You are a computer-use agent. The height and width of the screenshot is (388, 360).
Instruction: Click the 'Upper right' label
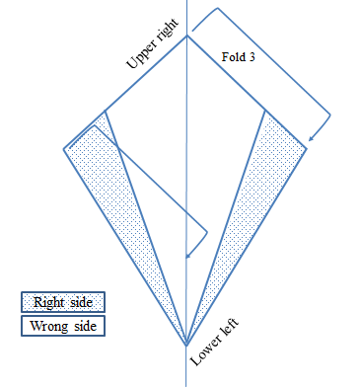point(153,43)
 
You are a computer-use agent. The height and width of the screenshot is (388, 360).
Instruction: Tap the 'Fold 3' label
point(239,57)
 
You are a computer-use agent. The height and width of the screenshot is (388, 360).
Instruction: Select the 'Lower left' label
point(214,343)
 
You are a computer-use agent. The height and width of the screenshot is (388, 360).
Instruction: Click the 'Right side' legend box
point(63,302)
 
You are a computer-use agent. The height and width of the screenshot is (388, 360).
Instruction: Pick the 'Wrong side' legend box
point(63,326)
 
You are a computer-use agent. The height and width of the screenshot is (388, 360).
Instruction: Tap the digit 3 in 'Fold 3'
point(252,57)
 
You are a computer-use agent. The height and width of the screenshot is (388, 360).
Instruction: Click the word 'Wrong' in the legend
point(49,326)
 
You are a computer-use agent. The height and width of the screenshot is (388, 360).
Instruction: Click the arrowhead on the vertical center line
point(187,256)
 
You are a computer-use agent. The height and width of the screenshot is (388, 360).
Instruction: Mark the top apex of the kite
point(187,36)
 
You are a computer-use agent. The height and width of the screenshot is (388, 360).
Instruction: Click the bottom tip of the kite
point(186,345)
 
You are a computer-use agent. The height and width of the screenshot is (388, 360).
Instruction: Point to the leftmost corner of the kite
point(64,149)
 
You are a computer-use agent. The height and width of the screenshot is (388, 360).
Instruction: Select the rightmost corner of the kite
point(307,149)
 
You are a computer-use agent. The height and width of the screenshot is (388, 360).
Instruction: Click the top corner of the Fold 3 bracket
point(217,8)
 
